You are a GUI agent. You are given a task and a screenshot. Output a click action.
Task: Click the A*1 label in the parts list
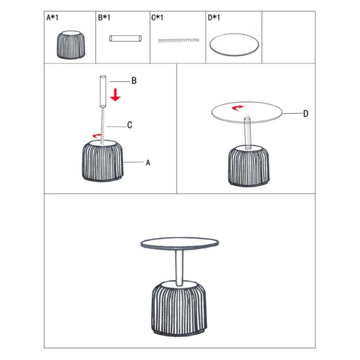(52, 17)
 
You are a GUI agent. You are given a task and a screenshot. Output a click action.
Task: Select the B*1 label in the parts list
(104, 17)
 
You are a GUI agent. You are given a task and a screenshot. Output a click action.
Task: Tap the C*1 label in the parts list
(157, 17)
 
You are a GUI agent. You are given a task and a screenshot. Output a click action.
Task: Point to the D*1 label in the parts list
(213, 17)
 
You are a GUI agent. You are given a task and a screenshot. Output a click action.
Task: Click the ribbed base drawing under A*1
(71, 44)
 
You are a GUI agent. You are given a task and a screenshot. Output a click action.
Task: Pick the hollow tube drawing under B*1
(125, 38)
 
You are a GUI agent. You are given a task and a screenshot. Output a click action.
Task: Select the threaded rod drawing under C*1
(178, 40)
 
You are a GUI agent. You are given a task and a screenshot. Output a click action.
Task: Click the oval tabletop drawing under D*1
(234, 44)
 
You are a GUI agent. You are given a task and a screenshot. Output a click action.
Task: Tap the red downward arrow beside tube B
(115, 95)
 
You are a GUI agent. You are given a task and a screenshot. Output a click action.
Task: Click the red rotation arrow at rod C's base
(97, 136)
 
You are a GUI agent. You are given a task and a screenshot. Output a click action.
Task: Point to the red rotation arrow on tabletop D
(238, 107)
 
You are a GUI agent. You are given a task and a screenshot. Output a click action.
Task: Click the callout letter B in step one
(134, 81)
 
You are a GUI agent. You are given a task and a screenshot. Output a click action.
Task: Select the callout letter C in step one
(130, 125)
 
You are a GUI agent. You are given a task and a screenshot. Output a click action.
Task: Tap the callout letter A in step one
(148, 163)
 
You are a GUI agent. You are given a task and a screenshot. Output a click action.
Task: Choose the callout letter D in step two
(306, 114)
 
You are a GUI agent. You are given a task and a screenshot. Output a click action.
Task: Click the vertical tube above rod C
(103, 92)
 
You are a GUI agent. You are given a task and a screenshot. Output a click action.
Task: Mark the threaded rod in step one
(103, 126)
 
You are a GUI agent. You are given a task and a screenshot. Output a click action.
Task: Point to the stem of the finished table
(179, 268)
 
